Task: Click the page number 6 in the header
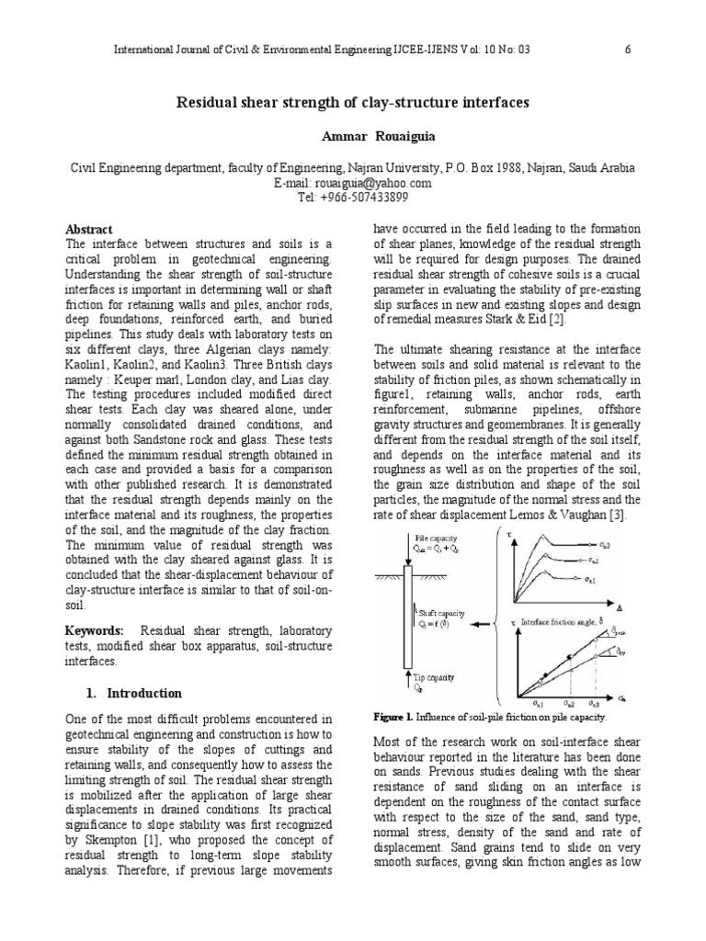click(627, 51)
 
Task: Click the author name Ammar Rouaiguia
click(353, 135)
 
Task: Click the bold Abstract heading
click(90, 229)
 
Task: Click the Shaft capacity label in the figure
click(442, 613)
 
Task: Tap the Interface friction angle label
click(556, 622)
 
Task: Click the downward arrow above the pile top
click(408, 543)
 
